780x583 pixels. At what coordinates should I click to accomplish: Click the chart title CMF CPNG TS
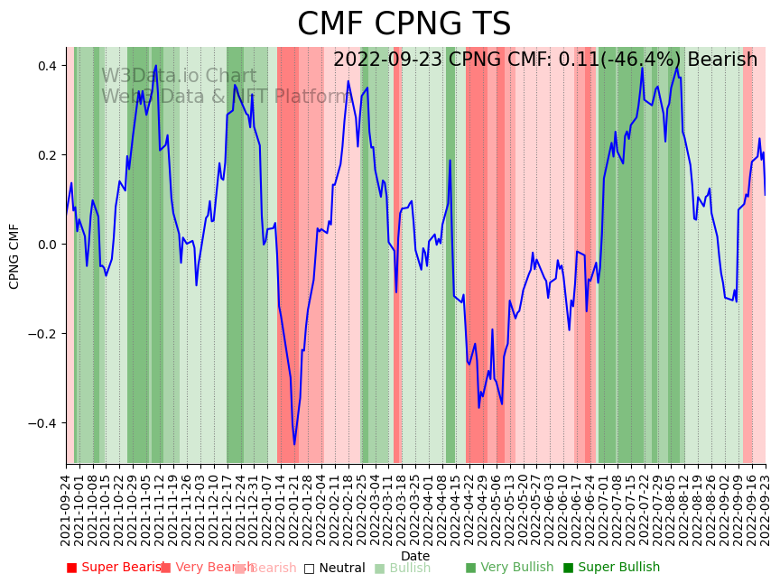[404, 24]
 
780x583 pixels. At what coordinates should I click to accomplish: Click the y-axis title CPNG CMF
[14, 255]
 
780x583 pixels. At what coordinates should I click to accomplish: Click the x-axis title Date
[415, 556]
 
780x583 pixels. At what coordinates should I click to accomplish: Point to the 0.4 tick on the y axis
[46, 66]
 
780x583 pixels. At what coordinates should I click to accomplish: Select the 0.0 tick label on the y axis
[46, 245]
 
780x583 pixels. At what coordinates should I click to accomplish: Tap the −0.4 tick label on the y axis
[43, 423]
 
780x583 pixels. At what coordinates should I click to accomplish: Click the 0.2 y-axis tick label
[46, 155]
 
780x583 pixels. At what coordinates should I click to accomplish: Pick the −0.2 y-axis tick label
[43, 334]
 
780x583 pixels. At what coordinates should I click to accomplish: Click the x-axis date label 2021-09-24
[66, 505]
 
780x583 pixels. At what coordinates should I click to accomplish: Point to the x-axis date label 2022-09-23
[766, 505]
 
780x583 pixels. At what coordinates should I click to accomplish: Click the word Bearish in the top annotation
[722, 60]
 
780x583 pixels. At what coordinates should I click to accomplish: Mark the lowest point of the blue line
[294, 444]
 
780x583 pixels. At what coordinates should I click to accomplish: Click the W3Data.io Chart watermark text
[179, 76]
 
